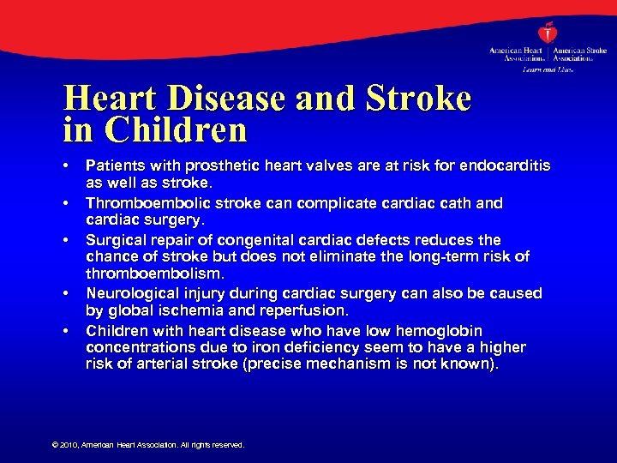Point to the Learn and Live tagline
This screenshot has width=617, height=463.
click(x=548, y=69)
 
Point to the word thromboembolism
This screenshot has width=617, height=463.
click(x=153, y=273)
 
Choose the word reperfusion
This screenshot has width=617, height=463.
click(x=305, y=310)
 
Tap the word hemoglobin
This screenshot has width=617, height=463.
click(x=438, y=330)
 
